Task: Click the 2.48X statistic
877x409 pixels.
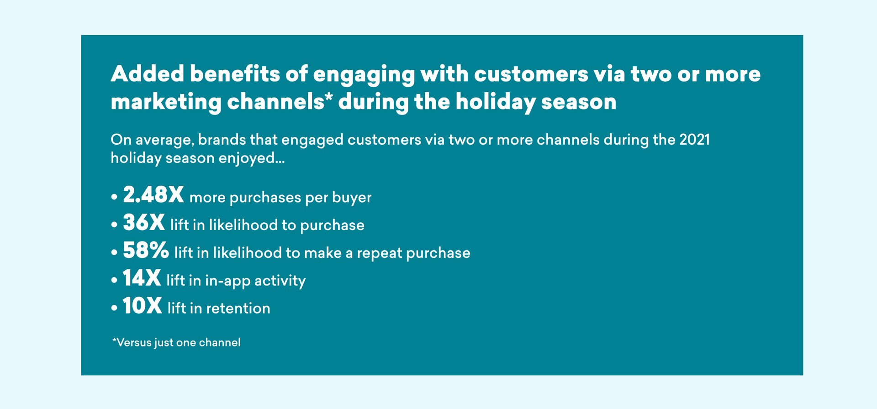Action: pyautogui.click(x=153, y=195)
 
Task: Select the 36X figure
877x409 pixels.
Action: pyautogui.click(x=144, y=223)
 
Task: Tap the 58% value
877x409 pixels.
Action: pyautogui.click(x=146, y=251)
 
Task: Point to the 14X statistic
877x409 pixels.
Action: pyautogui.click(x=142, y=278)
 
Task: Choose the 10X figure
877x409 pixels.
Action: pyautogui.click(x=142, y=306)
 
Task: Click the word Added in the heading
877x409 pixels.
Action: pyautogui.click(x=147, y=73)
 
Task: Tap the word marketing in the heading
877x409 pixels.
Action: pyautogui.click(x=166, y=102)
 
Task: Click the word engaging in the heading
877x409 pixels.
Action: pyautogui.click(x=364, y=75)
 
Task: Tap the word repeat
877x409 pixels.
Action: pyautogui.click(x=379, y=253)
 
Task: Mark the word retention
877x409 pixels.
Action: pyautogui.click(x=238, y=308)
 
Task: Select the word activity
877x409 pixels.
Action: pyautogui.click(x=280, y=281)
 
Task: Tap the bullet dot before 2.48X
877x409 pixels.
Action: pyautogui.click(x=114, y=197)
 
